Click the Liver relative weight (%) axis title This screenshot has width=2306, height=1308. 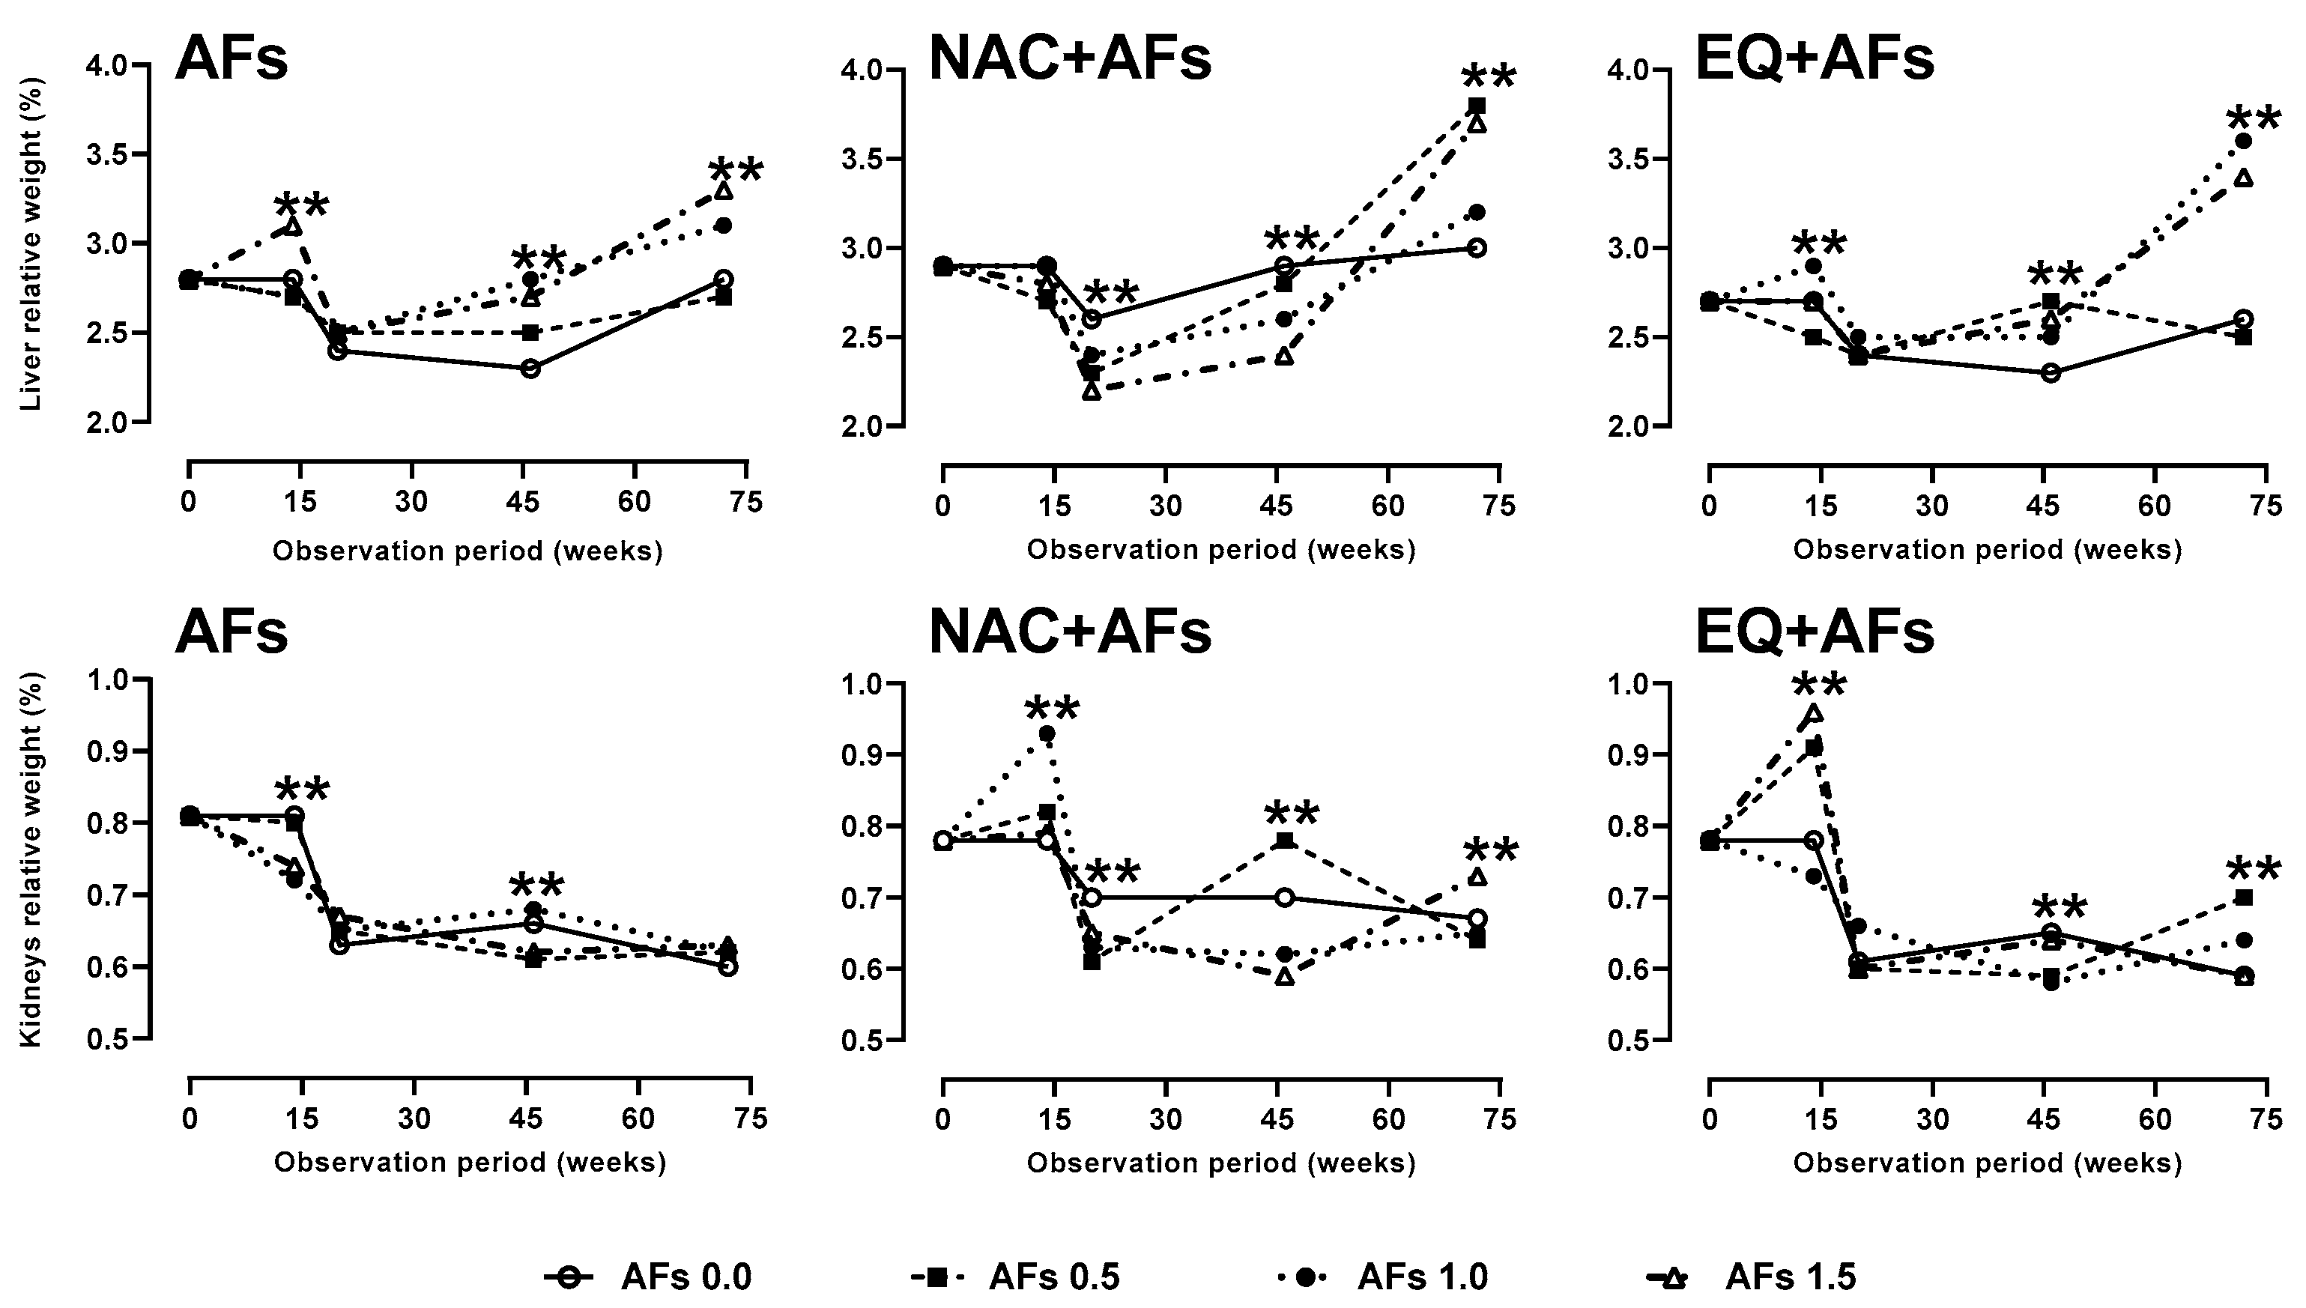click(31, 243)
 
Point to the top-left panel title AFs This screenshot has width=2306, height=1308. click(231, 59)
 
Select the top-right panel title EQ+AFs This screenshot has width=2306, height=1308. click(1815, 59)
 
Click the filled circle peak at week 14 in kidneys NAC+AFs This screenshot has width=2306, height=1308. click(1047, 734)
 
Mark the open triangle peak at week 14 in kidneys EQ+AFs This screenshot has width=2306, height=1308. click(1814, 713)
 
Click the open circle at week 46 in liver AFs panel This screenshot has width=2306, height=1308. click(530, 369)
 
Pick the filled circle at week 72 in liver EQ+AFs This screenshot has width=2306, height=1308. click(2243, 141)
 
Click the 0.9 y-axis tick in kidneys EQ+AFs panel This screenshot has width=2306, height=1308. click(1630, 754)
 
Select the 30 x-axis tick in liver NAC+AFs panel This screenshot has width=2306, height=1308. click(1165, 506)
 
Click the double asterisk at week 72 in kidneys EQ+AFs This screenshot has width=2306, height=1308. click(2253, 871)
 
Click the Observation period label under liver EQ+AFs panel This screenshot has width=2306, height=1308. click(1987, 550)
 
